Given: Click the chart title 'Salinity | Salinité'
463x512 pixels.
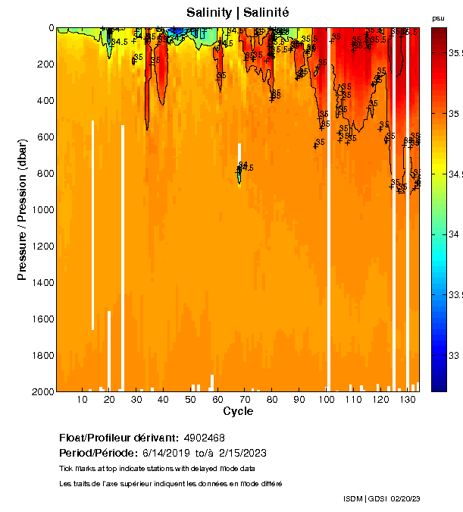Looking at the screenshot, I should [x=238, y=12].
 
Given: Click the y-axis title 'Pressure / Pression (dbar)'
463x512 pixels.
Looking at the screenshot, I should [x=22, y=209].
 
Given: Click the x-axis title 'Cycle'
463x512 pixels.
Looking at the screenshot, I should [x=238, y=411].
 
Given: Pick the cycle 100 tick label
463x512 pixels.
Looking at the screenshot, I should [x=326, y=399].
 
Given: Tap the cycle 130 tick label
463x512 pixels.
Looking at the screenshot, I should [x=407, y=399].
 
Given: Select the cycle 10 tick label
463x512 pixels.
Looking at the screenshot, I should [x=82, y=399].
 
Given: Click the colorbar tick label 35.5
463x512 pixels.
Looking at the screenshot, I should [x=455, y=53].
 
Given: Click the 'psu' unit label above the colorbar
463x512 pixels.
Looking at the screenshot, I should [x=438, y=18].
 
